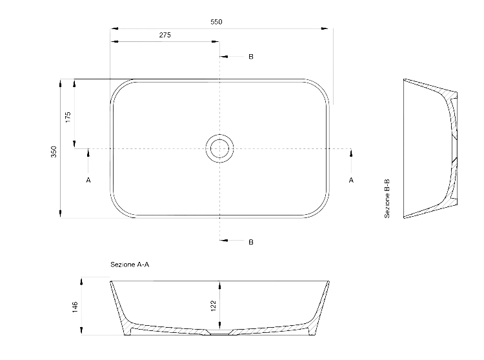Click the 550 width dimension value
pos(216,22)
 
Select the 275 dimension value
pos(165,35)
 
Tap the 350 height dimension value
pos(54,152)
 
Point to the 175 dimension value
pos(68,117)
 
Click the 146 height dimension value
pos(75,307)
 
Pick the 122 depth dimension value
pos(214,306)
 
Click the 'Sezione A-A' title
pos(130,265)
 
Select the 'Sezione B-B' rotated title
pos(387,199)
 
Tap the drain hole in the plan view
pos(219,148)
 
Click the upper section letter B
pos(251,57)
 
